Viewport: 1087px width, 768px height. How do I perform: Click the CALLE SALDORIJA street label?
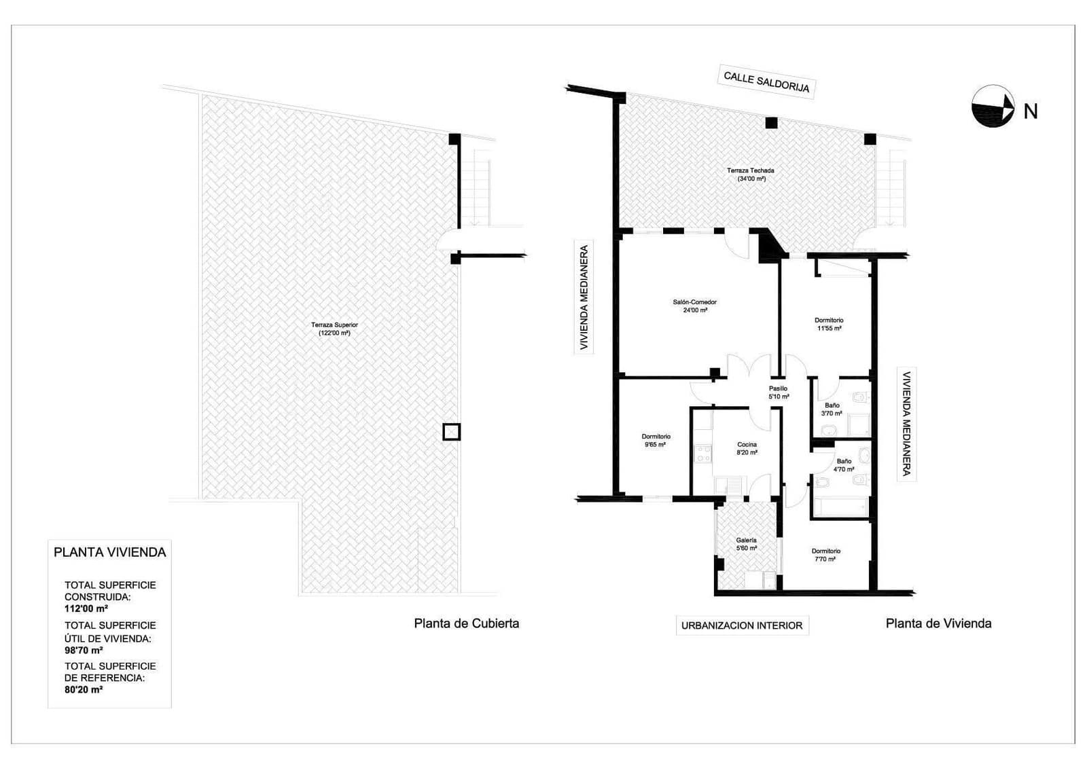(766, 82)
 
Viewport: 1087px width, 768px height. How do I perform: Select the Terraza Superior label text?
(334, 329)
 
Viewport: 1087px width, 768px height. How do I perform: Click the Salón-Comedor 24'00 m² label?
(694, 306)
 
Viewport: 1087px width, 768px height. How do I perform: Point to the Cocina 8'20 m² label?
(747, 449)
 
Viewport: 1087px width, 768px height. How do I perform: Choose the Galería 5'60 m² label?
(746, 544)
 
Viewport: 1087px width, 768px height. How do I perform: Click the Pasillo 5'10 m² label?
(779, 392)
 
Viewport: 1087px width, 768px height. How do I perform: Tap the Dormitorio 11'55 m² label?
(829, 324)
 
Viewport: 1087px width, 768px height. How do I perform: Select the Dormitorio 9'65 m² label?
(656, 441)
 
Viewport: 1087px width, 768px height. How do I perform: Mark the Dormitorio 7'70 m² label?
(825, 555)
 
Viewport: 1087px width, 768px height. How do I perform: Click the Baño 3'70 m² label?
(832, 409)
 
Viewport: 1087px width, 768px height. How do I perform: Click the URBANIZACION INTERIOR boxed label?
(742, 625)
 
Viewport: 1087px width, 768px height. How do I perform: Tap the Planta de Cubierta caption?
(466, 623)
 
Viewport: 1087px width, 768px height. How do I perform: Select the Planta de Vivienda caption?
(938, 623)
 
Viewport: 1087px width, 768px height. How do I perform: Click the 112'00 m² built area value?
(86, 609)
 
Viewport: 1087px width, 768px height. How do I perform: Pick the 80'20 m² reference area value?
(84, 689)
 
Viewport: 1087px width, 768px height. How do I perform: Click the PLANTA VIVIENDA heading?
(110, 552)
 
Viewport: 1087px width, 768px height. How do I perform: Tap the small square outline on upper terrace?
(451, 432)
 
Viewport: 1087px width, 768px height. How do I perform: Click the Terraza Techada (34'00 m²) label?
(750, 175)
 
